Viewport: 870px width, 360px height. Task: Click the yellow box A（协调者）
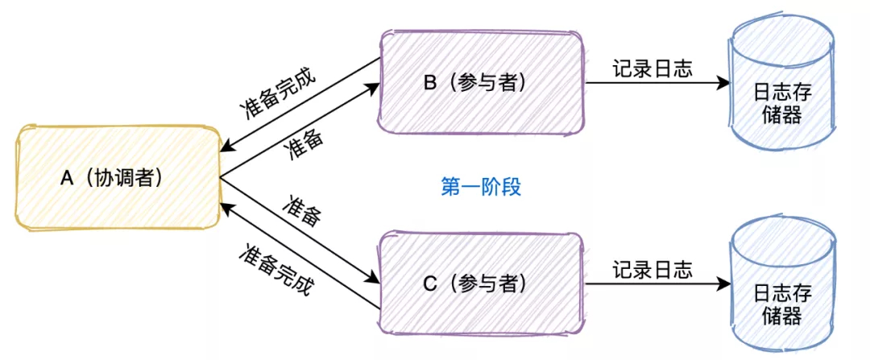click(117, 177)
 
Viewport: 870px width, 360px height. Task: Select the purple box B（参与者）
click(480, 82)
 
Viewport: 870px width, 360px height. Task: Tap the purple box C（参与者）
click(480, 284)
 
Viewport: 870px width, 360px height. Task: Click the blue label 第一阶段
click(481, 188)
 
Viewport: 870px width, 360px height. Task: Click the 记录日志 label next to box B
click(652, 68)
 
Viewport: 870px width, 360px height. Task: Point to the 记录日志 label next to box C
click(652, 270)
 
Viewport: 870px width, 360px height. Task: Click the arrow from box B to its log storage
click(657, 83)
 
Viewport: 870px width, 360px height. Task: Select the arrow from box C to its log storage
click(657, 284)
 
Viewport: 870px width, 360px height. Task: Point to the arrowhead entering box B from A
click(373, 86)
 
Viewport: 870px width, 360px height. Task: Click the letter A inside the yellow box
click(67, 178)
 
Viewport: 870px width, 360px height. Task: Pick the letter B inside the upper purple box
click(430, 83)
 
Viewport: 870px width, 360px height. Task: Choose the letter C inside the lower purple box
click(430, 284)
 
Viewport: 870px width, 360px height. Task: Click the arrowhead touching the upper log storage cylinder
click(724, 83)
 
